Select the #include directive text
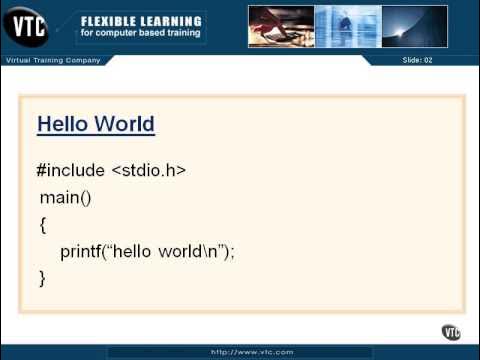(x=71, y=171)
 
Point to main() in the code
(x=65, y=197)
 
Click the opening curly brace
(x=43, y=225)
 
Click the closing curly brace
(x=43, y=278)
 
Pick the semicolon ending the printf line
(x=232, y=252)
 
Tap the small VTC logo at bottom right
(x=451, y=332)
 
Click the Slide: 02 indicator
(x=417, y=61)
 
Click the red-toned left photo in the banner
(x=281, y=27)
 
